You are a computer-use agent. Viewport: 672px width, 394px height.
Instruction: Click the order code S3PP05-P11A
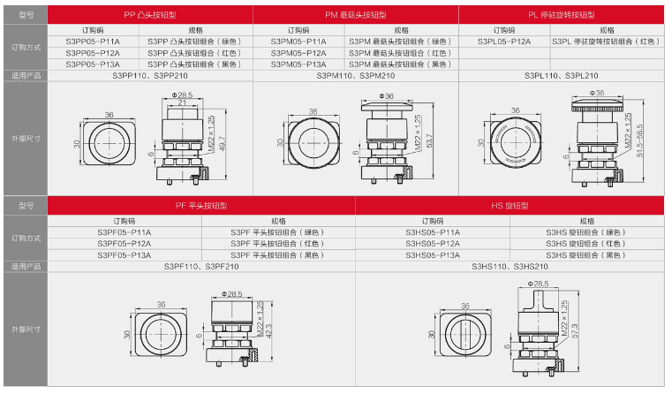[93, 42]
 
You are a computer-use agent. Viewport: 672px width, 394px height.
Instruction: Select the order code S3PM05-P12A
[298, 53]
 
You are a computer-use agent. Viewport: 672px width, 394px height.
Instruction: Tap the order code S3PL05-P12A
[504, 42]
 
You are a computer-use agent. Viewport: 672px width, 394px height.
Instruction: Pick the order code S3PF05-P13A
[125, 255]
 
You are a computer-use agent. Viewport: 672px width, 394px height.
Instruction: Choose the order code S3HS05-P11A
[433, 232]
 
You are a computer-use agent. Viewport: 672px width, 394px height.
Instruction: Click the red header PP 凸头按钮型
[150, 15]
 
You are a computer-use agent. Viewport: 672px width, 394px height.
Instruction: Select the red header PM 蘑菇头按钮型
[356, 15]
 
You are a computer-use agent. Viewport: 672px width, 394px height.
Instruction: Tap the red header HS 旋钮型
[510, 206]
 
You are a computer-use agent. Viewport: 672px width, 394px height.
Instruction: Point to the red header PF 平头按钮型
[201, 206]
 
